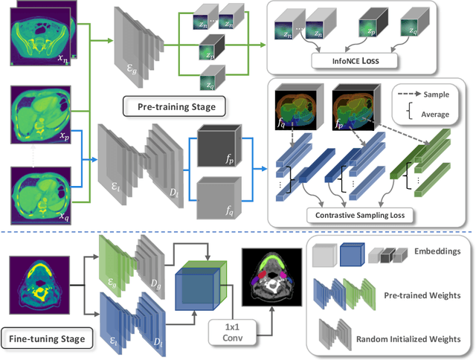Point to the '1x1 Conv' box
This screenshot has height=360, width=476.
pyautogui.click(x=230, y=330)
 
